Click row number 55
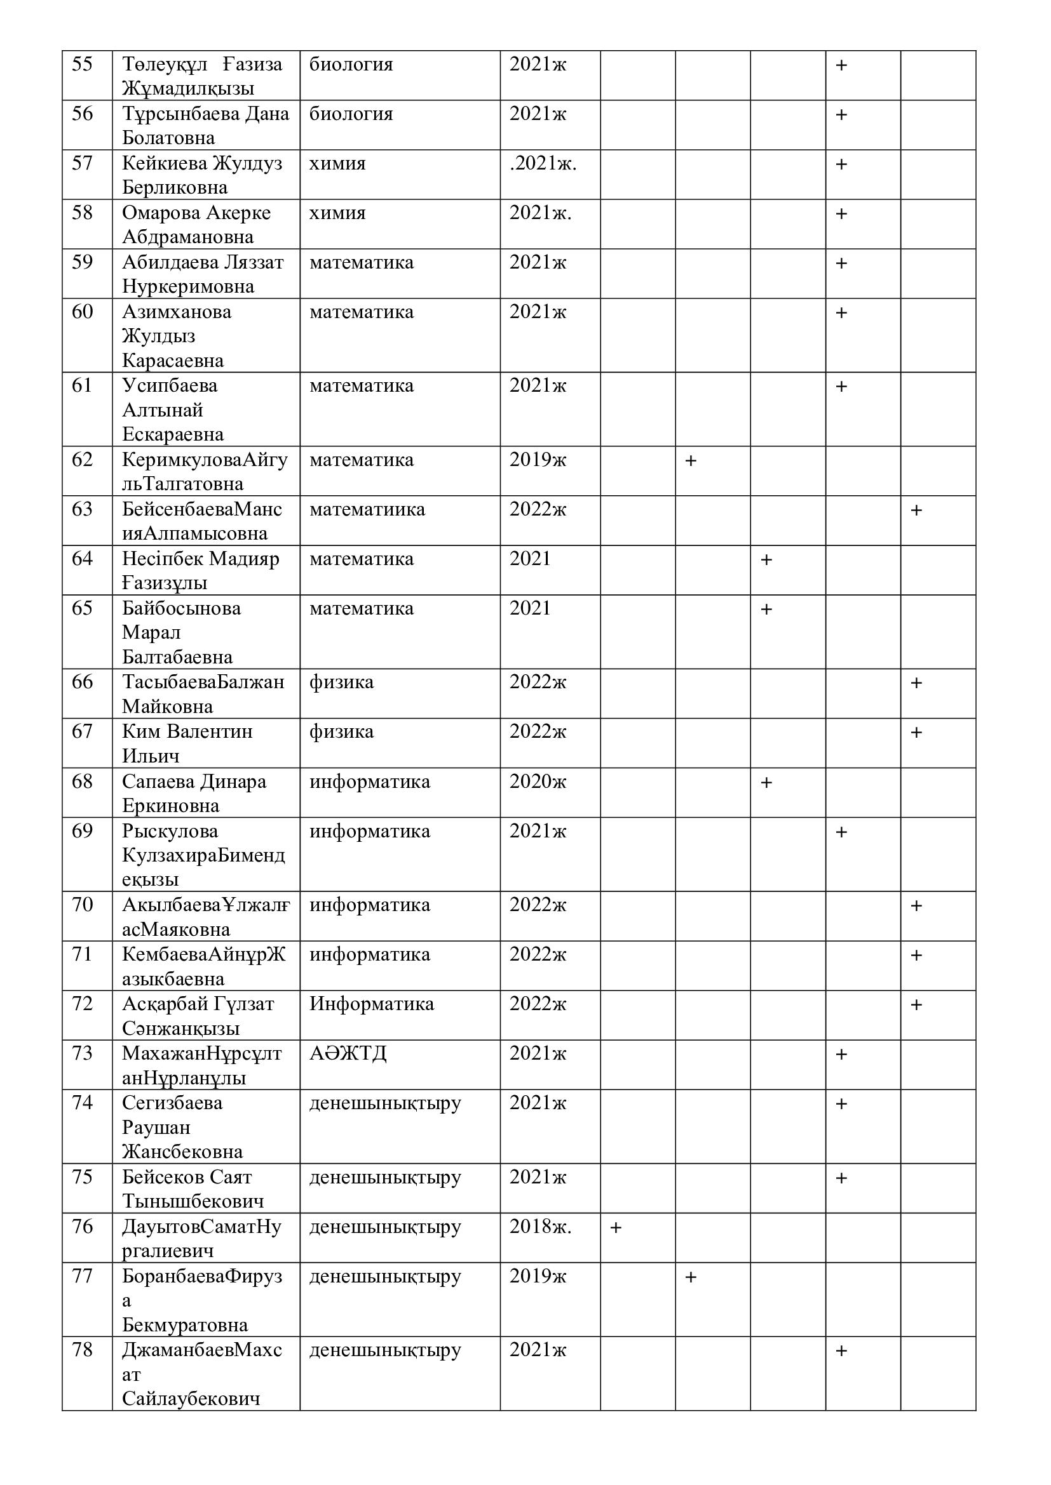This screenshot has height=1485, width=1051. (82, 65)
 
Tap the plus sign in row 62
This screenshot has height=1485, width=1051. (691, 460)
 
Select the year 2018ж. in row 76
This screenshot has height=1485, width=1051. (539, 1227)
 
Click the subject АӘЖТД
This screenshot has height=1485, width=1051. (348, 1054)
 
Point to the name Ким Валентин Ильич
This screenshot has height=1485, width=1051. (187, 743)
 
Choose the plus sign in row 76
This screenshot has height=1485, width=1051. (616, 1228)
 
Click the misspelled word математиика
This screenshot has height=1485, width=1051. (367, 510)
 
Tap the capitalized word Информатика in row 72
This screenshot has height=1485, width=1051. (372, 1004)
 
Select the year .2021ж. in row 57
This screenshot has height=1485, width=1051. (542, 164)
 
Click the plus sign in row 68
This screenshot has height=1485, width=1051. (766, 783)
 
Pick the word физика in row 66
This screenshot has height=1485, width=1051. (341, 683)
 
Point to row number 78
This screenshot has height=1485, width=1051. (82, 1350)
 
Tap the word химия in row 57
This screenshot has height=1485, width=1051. (337, 164)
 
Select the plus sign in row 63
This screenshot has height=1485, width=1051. (916, 510)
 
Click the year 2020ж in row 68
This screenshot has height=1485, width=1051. (537, 782)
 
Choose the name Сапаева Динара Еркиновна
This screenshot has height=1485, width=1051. (194, 793)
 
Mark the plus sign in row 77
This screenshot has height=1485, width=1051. (691, 1277)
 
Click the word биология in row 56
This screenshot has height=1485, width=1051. (351, 114)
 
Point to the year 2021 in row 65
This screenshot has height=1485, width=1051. (529, 609)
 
